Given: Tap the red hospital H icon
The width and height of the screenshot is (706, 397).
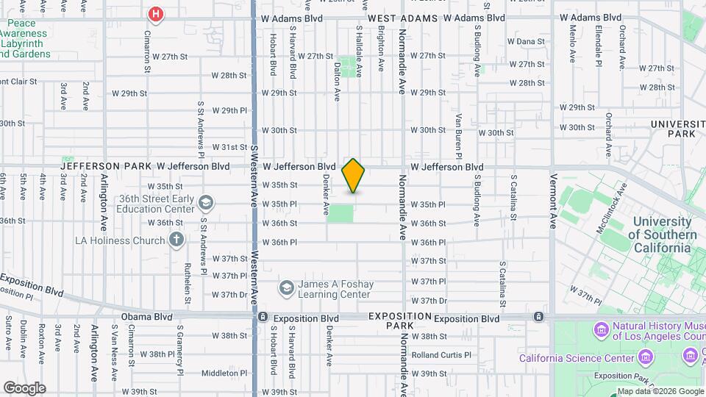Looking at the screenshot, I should tap(156, 14).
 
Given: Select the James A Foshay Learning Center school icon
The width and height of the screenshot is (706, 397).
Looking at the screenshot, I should tap(287, 287).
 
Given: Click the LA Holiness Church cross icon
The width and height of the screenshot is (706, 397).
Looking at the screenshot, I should tap(176, 240).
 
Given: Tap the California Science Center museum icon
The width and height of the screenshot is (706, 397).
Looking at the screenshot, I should tap(646, 358).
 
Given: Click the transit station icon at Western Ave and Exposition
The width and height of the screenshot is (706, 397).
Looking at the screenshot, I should tap(263, 318).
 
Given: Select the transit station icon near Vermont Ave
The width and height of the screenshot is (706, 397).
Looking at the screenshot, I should tap(539, 317).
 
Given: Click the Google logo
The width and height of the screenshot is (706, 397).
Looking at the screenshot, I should tap(24, 388).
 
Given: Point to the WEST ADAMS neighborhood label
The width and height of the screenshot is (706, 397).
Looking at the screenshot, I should tap(402, 18).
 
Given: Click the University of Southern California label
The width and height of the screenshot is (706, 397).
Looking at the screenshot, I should tap(664, 235).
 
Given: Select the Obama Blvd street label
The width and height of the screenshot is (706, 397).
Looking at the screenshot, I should tap(146, 318).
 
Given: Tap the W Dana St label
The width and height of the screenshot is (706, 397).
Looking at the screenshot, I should tap(525, 42).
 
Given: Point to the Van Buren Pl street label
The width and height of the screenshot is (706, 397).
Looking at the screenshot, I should tap(457, 136).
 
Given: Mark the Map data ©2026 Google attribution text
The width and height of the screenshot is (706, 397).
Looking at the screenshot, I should tap(659, 391).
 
